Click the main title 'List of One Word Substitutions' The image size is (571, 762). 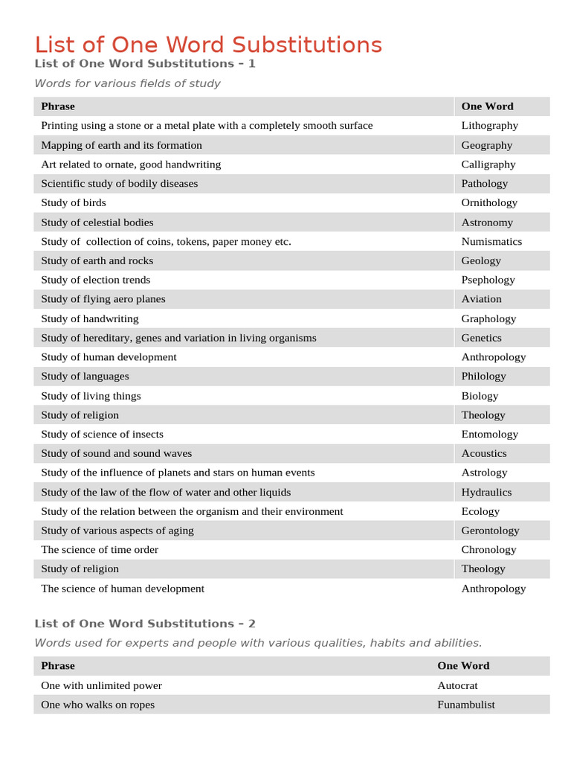click(208, 45)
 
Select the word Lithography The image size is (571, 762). click(489, 126)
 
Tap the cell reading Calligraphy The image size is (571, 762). click(488, 164)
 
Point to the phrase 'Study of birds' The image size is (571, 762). click(74, 202)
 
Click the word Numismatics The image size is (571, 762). click(491, 241)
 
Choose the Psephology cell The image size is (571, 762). click(488, 280)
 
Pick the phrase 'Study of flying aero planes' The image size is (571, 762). click(103, 299)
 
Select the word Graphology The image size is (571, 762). click(488, 318)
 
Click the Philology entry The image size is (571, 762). click(483, 377)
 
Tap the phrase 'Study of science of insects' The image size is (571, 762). click(102, 434)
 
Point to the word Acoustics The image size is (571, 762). click(483, 453)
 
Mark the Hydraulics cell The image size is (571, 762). click(486, 492)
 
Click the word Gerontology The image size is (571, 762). click(490, 531)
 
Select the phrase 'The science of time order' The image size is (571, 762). click(100, 550)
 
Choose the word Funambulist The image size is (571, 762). click(465, 705)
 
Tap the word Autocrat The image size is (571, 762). click(457, 685)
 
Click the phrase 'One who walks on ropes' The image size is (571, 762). click(97, 705)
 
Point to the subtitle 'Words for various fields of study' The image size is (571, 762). click(127, 83)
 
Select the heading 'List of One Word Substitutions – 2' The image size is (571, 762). click(145, 624)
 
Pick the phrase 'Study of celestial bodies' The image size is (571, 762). click(97, 222)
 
